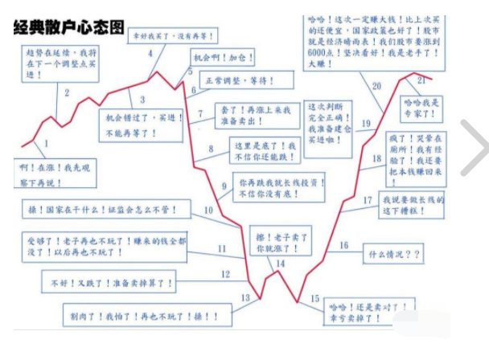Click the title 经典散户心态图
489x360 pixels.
point(68,27)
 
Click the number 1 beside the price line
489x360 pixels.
point(46,144)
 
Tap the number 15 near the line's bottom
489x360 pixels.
point(314,299)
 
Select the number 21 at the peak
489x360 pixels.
point(421,80)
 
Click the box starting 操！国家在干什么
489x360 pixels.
point(104,210)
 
